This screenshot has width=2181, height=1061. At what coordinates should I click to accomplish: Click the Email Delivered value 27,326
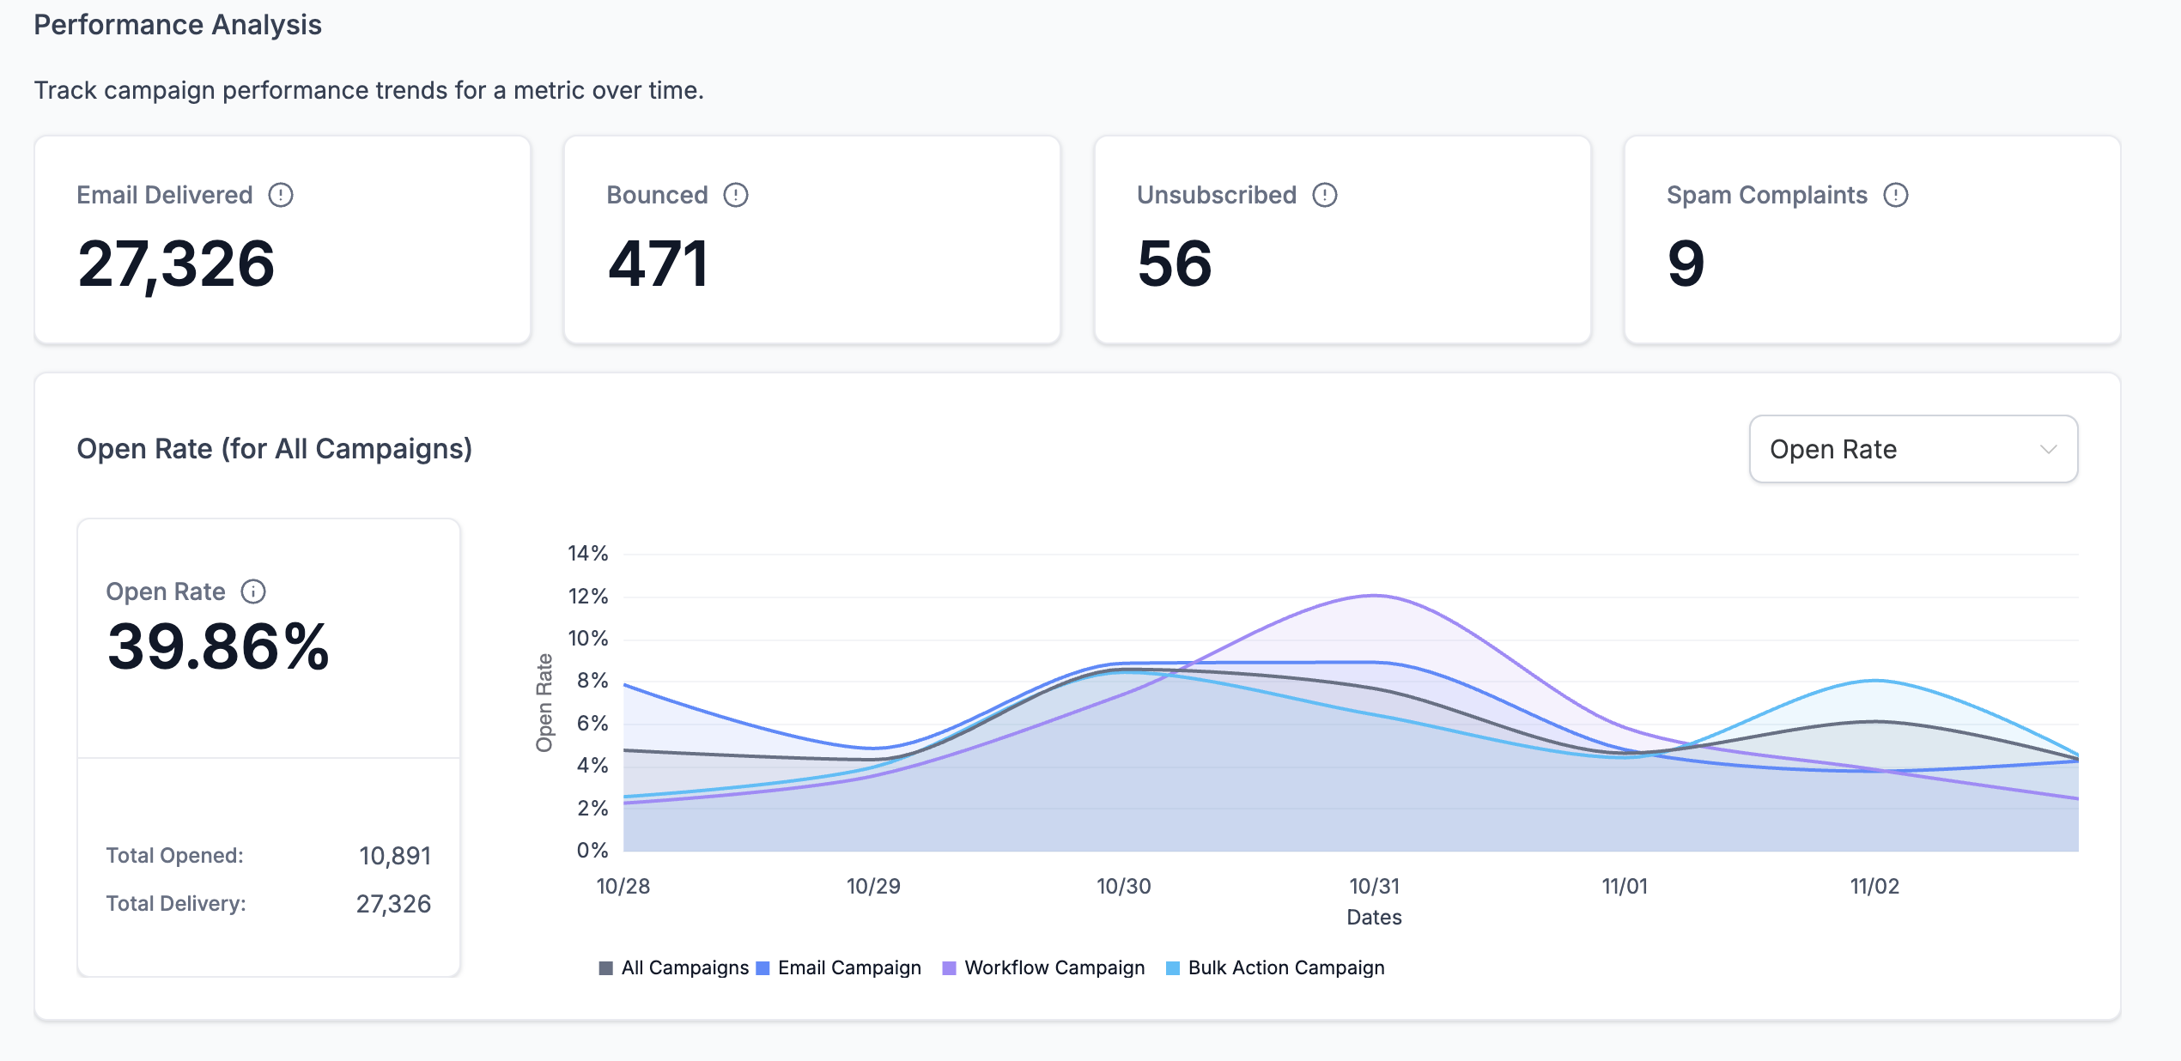tap(176, 264)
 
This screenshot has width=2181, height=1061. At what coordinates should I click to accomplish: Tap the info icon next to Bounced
tap(736, 195)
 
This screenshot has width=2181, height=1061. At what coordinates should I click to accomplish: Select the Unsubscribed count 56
tap(1174, 264)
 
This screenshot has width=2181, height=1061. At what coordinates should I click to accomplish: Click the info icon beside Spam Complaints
tap(1896, 195)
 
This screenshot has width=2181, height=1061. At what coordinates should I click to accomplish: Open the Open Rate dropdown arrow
tap(2049, 449)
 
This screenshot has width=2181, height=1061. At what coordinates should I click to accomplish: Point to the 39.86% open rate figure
tap(218, 646)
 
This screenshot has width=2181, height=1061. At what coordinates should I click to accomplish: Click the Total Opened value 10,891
tap(395, 856)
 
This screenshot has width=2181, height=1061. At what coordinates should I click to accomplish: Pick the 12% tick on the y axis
tap(587, 596)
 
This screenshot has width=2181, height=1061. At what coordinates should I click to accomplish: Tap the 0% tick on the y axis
tap(592, 850)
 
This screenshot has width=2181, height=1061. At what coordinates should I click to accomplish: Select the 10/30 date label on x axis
tap(1123, 886)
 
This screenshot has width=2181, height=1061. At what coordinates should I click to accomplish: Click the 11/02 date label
tap(1874, 886)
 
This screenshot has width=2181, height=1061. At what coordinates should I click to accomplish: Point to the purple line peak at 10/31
tap(1375, 595)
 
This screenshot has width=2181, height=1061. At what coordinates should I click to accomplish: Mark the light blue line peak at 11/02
tap(1876, 681)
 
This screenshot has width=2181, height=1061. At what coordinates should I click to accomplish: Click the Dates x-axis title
tap(1374, 917)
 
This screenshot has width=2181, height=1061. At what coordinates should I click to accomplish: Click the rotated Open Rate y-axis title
tap(544, 702)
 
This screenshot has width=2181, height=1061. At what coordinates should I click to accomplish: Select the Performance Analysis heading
tap(178, 25)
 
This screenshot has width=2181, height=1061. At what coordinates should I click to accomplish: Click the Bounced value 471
tap(659, 264)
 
